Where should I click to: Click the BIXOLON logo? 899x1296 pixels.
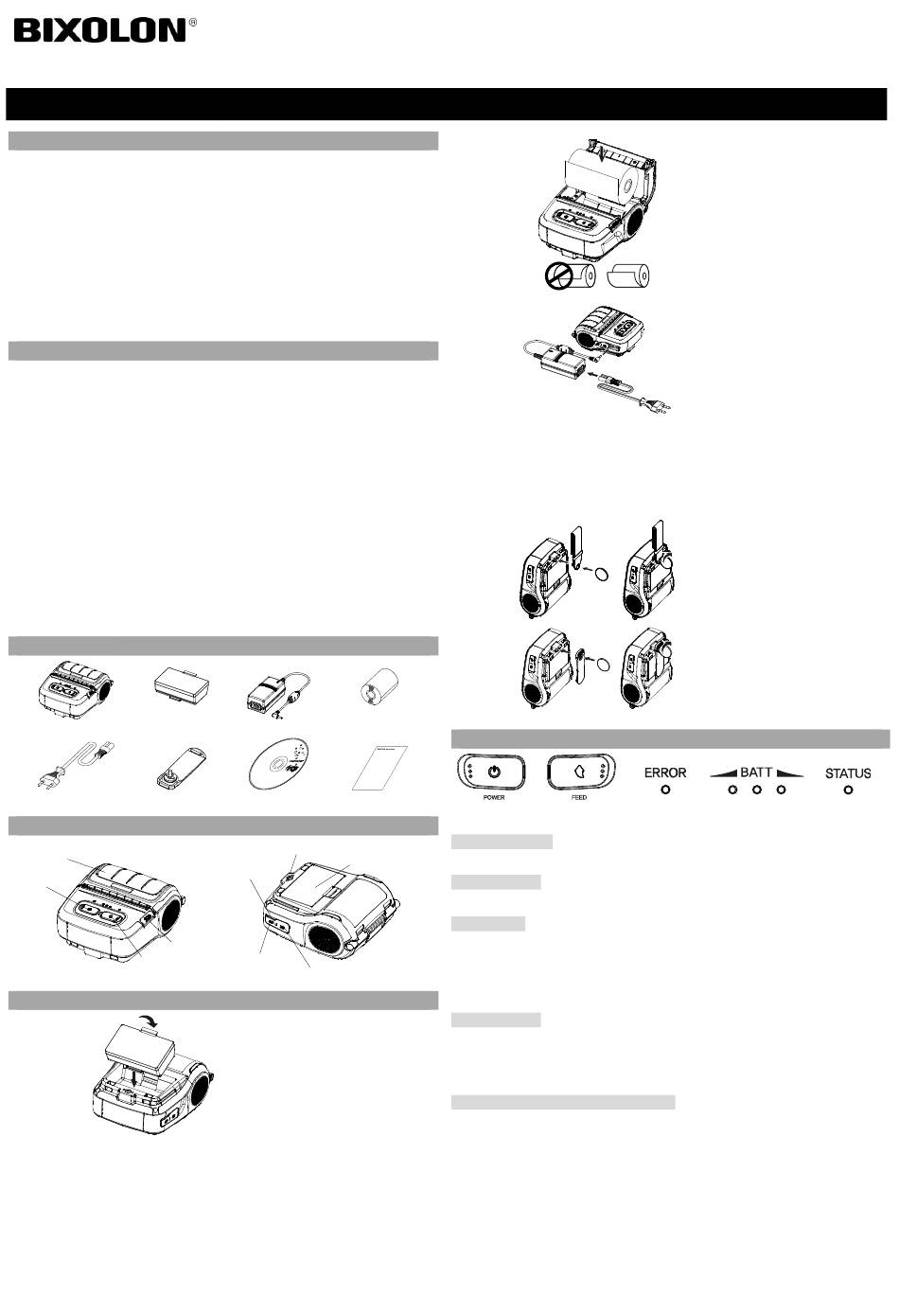pos(99,30)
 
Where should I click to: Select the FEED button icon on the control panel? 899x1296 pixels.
pos(581,772)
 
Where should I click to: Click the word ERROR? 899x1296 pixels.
pos(665,772)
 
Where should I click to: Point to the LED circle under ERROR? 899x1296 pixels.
pos(665,790)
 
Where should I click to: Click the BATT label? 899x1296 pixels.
pos(756,772)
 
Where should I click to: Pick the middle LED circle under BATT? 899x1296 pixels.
pos(757,790)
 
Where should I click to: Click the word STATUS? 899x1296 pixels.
pos(848,773)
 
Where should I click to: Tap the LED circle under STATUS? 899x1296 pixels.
pos(848,790)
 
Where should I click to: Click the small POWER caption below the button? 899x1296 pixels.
pos(494,797)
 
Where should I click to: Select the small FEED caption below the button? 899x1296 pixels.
pos(579,797)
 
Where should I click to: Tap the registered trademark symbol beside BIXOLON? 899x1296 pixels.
pos(193,22)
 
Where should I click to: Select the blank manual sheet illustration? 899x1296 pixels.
pos(379,768)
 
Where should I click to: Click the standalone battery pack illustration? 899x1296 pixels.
pos(182,686)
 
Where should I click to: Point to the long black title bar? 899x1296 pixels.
pos(446,104)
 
